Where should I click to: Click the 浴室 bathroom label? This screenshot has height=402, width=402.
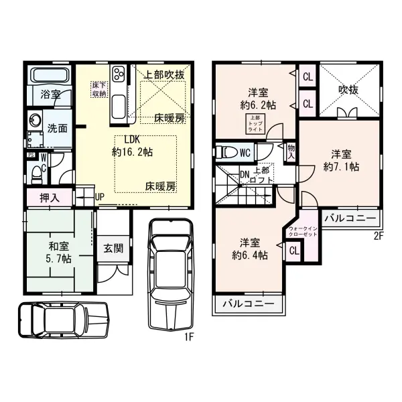pyautogui.click(x=50, y=95)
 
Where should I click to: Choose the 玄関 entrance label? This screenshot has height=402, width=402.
pyautogui.click(x=113, y=247)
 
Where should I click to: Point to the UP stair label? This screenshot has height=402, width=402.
pyautogui.click(x=100, y=197)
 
